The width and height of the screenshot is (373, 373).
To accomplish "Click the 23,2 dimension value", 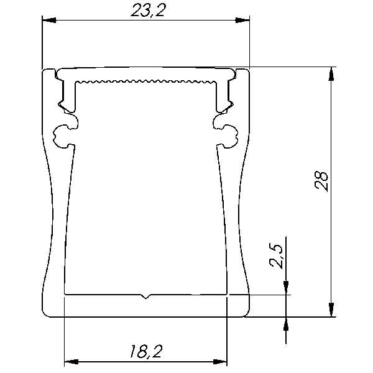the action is pyautogui.click(x=147, y=11).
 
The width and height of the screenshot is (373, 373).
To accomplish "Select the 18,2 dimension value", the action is pyautogui.click(x=146, y=351).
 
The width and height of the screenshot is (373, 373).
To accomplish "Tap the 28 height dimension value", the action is pyautogui.click(x=321, y=180).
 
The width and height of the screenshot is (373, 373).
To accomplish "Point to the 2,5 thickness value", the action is pyautogui.click(x=276, y=256).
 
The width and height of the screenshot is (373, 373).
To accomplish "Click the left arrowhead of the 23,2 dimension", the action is pyautogui.click(x=49, y=21).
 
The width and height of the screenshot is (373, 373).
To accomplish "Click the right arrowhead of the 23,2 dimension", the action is pyautogui.click(x=242, y=21).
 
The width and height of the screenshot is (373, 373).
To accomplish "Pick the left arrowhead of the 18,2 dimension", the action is pyautogui.click(x=71, y=362).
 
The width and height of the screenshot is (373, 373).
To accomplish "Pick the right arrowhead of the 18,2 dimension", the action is pyautogui.click(x=220, y=362).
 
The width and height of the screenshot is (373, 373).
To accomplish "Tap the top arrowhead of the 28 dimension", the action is pyautogui.click(x=331, y=74).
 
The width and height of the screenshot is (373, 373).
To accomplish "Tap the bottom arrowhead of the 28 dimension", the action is pyautogui.click(x=331, y=310).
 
